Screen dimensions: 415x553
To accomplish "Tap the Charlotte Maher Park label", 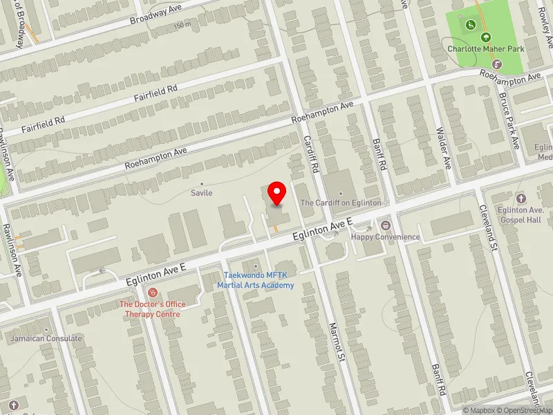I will [x=485, y=48].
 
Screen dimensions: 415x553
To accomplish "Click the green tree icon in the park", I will [x=485, y=37].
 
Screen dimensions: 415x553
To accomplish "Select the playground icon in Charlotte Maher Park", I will [x=471, y=26].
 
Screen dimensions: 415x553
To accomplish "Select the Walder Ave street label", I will [x=443, y=148].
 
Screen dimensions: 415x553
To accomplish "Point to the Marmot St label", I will [x=336, y=342].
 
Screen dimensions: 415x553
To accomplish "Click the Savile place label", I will [x=202, y=193].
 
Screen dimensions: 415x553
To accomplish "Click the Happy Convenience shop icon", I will [x=386, y=225].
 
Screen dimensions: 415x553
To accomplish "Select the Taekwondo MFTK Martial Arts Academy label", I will [x=256, y=280].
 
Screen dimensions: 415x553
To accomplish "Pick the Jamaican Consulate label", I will [x=46, y=338].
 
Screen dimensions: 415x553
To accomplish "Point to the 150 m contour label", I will [x=182, y=26].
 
